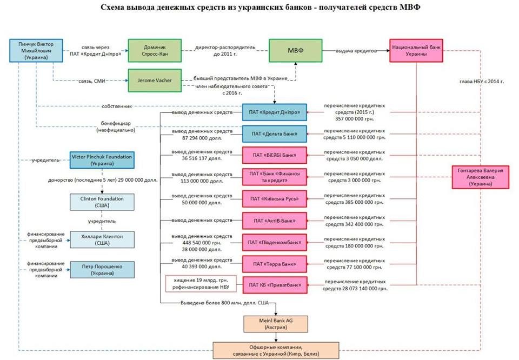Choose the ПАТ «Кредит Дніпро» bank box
274,112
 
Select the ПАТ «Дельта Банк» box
274,134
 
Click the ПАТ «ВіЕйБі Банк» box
274,155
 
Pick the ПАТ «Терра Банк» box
274,264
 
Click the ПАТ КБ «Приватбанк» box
274,285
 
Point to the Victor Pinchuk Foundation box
102,160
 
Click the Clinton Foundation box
102,202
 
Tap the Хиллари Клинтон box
102,239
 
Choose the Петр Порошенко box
102,269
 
